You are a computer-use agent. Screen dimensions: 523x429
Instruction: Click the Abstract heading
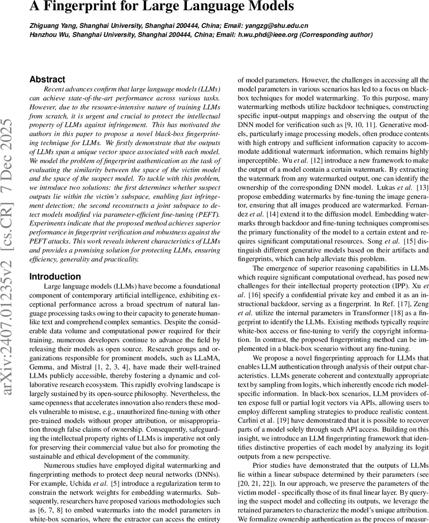47,79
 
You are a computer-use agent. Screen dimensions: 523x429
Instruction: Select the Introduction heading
55,277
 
